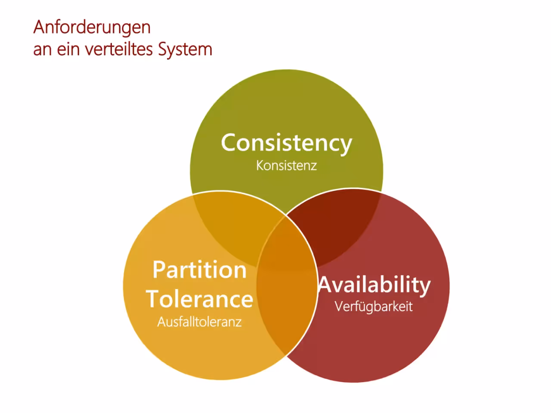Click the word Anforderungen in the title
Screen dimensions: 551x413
pyautogui.click(x=92, y=28)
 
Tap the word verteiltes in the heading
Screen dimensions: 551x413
pyautogui.click(x=119, y=49)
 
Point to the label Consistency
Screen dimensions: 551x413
pyautogui.click(x=286, y=143)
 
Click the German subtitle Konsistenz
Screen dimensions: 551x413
pyautogui.click(x=286, y=166)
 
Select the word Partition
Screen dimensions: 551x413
pyautogui.click(x=200, y=270)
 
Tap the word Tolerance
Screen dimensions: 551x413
pyautogui.click(x=200, y=299)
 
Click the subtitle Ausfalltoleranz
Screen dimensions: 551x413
pyautogui.click(x=200, y=322)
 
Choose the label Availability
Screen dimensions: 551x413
pyautogui.click(x=374, y=286)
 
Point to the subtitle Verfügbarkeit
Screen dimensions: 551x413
pyautogui.click(x=374, y=306)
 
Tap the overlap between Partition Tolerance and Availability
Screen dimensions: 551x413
pyautogui.click(x=286, y=301)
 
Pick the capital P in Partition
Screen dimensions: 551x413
pyautogui.click(x=159, y=270)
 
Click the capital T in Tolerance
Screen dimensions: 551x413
pyautogui.click(x=153, y=299)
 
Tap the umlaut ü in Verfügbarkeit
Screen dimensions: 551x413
pyautogui.click(x=360, y=306)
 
